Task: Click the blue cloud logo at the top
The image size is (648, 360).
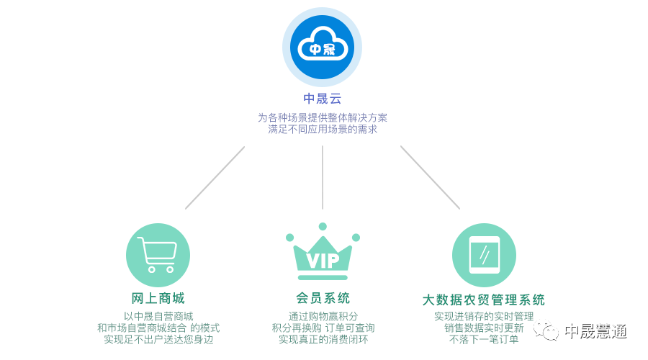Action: pyautogui.click(x=322, y=48)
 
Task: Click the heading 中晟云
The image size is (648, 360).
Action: pyautogui.click(x=322, y=99)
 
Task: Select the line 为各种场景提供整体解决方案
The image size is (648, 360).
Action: pyautogui.click(x=322, y=117)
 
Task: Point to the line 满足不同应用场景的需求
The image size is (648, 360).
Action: pyautogui.click(x=322, y=130)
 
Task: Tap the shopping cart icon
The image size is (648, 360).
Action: pyautogui.click(x=158, y=255)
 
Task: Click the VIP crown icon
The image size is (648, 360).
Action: pyautogui.click(x=322, y=253)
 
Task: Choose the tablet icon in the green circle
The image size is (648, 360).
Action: pyautogui.click(x=484, y=255)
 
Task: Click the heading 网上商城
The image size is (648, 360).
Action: pyautogui.click(x=158, y=298)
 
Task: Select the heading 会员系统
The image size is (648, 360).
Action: pyautogui.click(x=323, y=298)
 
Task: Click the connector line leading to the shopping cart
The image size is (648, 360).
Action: pyautogui.click(x=215, y=178)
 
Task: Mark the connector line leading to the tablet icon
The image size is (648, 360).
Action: pyautogui.click(x=430, y=177)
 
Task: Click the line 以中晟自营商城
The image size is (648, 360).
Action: pyautogui.click(x=158, y=316)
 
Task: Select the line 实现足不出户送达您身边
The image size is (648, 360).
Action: pyautogui.click(x=158, y=339)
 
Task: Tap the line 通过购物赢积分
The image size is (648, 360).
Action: pyautogui.click(x=323, y=316)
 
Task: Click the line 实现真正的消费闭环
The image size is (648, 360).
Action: pyautogui.click(x=323, y=339)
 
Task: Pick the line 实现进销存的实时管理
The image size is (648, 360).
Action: pyautogui.click(x=483, y=316)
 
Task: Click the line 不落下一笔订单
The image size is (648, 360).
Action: pyautogui.click(x=483, y=339)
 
